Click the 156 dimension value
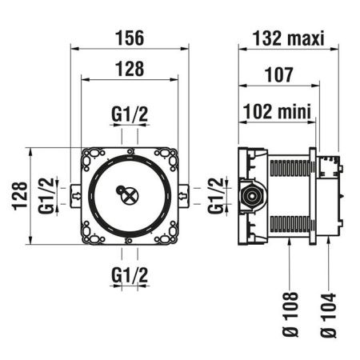click(x=129, y=38)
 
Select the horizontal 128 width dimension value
click(x=129, y=70)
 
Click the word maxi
click(x=306, y=38)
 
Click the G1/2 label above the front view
click(x=129, y=115)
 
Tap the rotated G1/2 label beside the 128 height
click(x=47, y=194)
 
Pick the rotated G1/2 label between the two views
click(x=214, y=194)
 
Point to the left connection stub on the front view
click(x=74, y=194)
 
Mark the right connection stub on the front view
click(x=184, y=194)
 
